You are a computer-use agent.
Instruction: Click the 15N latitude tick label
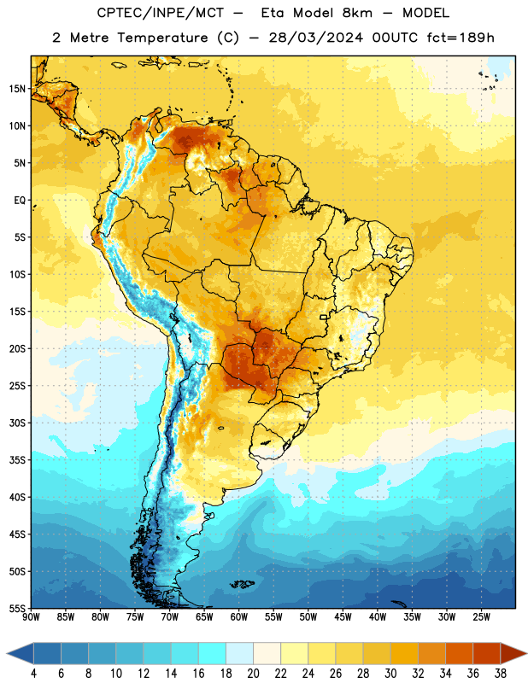click(x=17, y=89)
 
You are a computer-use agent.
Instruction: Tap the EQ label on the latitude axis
click(x=20, y=201)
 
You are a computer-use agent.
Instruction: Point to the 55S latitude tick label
click(x=17, y=608)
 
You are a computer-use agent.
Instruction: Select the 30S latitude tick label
click(x=17, y=423)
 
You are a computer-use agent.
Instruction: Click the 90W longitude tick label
click(x=31, y=617)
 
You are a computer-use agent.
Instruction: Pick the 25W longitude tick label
click(x=481, y=617)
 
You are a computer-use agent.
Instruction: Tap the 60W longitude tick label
click(x=239, y=617)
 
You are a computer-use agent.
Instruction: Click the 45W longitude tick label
click(x=343, y=617)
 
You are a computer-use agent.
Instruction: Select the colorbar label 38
click(x=501, y=674)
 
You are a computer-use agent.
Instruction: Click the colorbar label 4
click(x=33, y=674)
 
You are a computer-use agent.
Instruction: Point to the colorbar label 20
click(x=253, y=674)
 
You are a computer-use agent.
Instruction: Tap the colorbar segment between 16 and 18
click(x=213, y=654)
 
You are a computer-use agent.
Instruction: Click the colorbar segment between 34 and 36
click(x=459, y=654)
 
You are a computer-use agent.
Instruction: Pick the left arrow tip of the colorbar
click(x=7, y=654)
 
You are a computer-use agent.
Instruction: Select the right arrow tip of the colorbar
click(x=527, y=654)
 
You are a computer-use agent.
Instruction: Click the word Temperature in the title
click(x=162, y=38)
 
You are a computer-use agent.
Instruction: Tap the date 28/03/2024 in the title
click(x=315, y=38)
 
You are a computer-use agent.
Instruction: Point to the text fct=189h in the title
click(x=461, y=38)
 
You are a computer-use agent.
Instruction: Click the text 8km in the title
click(x=357, y=13)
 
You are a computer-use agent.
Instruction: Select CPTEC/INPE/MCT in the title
click(x=161, y=13)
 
